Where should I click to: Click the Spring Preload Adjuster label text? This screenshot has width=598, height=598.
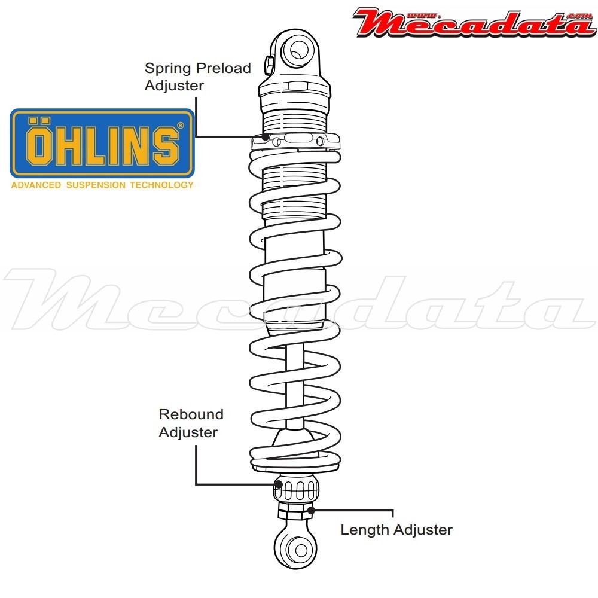point(197,77)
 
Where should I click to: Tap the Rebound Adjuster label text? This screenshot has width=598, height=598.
point(191,423)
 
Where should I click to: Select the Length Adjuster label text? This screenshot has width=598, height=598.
point(396,529)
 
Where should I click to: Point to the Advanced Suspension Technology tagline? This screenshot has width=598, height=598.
point(102,185)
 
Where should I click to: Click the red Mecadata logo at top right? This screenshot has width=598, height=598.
point(472,23)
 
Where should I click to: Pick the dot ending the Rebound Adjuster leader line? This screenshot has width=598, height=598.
point(278,483)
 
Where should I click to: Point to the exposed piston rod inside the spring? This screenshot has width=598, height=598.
point(293,389)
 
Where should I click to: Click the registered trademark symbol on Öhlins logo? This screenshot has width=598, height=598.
point(181,126)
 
